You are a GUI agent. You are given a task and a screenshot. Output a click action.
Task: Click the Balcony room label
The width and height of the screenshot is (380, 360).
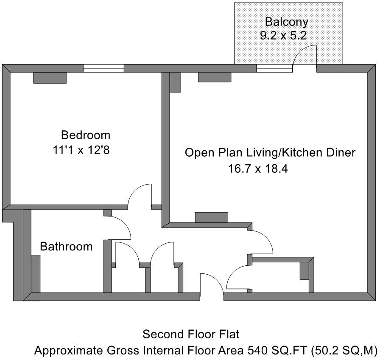(286, 22)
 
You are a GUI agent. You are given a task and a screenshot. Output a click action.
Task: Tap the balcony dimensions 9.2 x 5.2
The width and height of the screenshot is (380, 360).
(283, 36)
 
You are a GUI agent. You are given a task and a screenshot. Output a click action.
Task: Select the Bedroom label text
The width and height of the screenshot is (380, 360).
(86, 135)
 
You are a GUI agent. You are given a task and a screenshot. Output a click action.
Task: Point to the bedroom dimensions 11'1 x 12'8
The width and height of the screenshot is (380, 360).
(81, 150)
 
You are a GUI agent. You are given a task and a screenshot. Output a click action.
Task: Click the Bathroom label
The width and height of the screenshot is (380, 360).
(66, 247)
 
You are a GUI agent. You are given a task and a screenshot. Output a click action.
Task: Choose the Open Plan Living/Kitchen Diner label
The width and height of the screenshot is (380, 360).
(270, 153)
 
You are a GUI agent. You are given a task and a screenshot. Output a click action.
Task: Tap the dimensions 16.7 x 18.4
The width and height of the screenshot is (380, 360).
(258, 169)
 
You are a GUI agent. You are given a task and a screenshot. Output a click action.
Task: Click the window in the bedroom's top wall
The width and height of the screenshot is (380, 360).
(103, 68)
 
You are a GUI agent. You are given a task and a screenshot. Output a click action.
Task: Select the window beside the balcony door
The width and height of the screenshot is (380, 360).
(274, 68)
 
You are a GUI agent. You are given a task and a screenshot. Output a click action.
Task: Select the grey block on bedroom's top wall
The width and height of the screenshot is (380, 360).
(50, 78)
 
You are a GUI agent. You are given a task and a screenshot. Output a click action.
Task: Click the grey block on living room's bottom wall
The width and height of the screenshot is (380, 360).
(212, 217)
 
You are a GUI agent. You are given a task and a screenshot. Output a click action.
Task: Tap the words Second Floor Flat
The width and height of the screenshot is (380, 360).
(191, 334)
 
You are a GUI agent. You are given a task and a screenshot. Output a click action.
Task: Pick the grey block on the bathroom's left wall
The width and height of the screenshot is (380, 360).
(36, 274)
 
